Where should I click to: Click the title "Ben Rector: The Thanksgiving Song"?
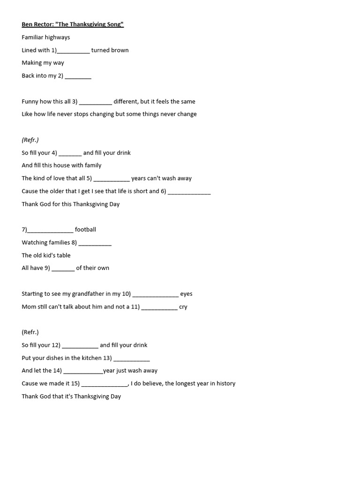[x=73, y=24]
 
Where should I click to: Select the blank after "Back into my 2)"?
[x=78, y=76]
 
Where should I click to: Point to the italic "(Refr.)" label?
[x=30, y=140]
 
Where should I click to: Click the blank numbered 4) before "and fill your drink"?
[x=70, y=153]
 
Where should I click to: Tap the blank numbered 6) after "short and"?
[x=189, y=192]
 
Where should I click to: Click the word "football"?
[x=85, y=230]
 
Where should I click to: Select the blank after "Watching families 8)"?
[x=95, y=243]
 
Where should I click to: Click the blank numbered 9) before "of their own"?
[x=63, y=269]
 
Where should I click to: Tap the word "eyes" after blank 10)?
[x=186, y=294]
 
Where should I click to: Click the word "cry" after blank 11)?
[x=183, y=307]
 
